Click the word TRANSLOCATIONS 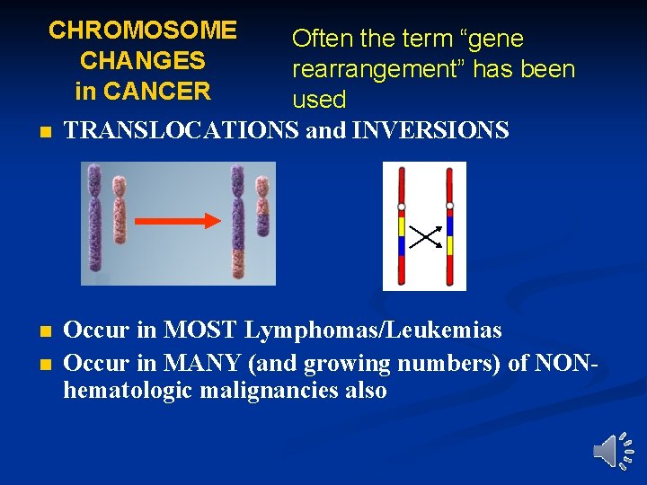coord(182,131)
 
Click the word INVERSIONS coord(431,131)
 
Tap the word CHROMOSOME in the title coord(143,31)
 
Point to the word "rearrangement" coord(381,69)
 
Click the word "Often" coord(322,40)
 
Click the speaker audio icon coord(615,450)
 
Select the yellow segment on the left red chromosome coord(402,226)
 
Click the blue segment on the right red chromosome coord(449,225)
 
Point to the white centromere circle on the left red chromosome coord(402,207)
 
